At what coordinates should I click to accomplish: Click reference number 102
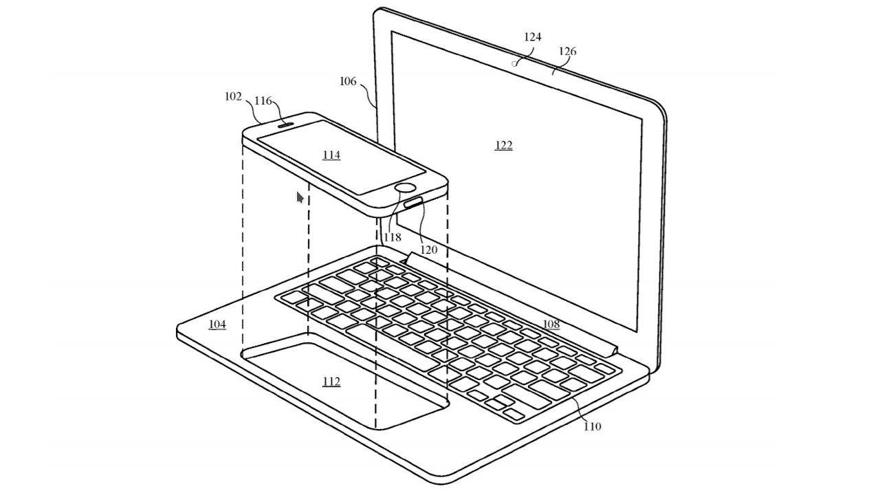(233, 97)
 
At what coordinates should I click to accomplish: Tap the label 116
(263, 101)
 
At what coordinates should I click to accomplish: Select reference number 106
(348, 82)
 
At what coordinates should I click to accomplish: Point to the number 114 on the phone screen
(331, 155)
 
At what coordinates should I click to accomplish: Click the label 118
(393, 237)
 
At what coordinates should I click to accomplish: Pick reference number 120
(428, 250)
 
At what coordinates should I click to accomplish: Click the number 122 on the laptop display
(504, 146)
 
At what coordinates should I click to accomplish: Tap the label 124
(533, 37)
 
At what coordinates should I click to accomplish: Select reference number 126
(568, 52)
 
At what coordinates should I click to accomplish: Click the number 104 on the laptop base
(217, 324)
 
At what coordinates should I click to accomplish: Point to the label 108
(551, 324)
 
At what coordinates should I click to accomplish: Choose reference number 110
(592, 427)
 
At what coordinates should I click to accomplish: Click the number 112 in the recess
(331, 382)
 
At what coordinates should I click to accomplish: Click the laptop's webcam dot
(515, 63)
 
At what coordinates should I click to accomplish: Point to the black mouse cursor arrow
(300, 198)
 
